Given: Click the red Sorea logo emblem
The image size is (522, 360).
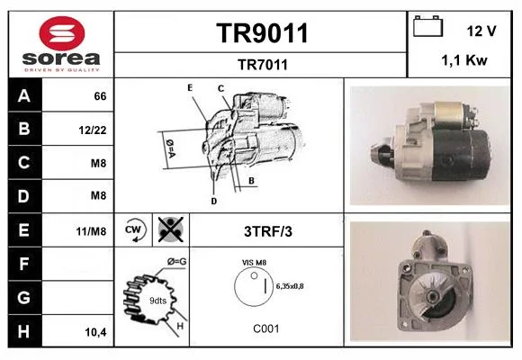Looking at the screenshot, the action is click(62, 33).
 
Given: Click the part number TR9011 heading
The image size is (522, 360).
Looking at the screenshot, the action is click(262, 33).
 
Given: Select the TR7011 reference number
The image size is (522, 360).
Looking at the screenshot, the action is click(262, 65).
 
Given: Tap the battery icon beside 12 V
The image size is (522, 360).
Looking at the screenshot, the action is click(427, 26).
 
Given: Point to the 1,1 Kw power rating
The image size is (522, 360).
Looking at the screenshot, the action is click(464, 60).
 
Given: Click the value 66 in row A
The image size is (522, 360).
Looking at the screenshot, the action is click(100, 96).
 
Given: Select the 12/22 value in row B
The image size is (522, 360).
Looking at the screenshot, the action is click(93, 130).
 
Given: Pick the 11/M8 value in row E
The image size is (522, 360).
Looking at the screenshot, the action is click(91, 231).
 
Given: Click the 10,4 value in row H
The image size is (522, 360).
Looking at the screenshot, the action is click(95, 332).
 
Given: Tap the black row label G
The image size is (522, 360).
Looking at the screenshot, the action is click(24, 297).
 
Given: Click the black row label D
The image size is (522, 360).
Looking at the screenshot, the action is click(24, 196).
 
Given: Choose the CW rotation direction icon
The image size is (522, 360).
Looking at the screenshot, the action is click(133, 230).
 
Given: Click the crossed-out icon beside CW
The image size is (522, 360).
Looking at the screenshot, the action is click(171, 229).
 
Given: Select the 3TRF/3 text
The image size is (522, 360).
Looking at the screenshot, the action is click(268, 231).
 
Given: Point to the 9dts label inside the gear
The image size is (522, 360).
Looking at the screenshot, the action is click(157, 301).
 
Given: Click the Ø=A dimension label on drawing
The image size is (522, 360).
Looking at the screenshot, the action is click(170, 148).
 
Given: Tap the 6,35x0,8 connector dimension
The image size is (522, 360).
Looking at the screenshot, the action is click(290, 286).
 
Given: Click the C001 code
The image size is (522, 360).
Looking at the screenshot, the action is click(266, 328).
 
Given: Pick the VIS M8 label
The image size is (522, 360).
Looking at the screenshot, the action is click(254, 263).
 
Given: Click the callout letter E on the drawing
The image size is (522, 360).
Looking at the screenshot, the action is click(190, 87).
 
